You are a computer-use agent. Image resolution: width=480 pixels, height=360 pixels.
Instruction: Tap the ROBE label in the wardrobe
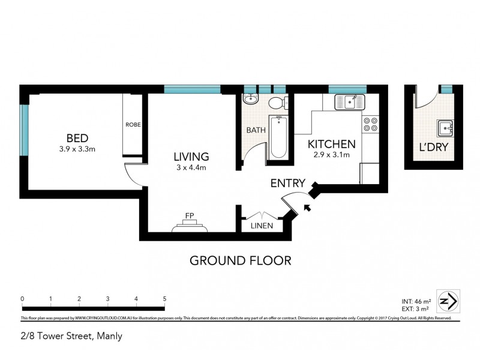click(x=133, y=125)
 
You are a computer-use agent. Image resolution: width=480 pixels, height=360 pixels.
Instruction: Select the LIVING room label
click(x=191, y=157)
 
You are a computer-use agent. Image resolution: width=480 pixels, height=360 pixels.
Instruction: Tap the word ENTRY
click(x=288, y=184)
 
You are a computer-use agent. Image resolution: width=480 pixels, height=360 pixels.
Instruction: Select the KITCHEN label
click(x=331, y=144)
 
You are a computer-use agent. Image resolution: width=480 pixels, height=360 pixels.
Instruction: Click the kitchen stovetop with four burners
click(x=370, y=124)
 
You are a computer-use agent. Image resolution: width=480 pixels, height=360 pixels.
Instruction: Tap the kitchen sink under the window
click(x=347, y=102)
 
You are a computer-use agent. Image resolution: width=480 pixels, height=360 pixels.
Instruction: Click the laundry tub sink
click(x=445, y=127)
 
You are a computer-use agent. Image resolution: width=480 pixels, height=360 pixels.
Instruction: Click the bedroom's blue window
click(x=24, y=130)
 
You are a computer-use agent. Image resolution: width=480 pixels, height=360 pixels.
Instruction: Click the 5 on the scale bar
click(x=164, y=299)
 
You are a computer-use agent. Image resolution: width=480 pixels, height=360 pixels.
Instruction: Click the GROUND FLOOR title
click(x=240, y=260)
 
